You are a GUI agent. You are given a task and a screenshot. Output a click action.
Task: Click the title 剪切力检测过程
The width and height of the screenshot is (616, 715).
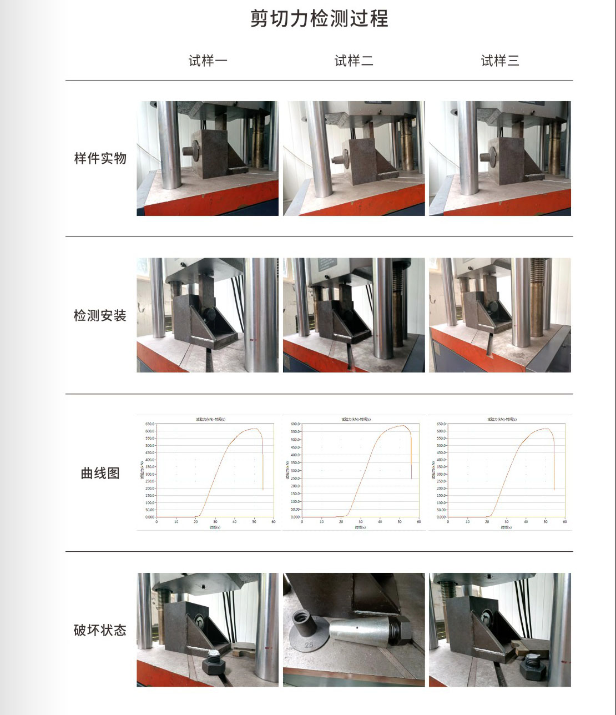pos(319,19)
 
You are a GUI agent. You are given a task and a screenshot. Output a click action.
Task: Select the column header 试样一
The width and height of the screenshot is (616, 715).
pos(208,61)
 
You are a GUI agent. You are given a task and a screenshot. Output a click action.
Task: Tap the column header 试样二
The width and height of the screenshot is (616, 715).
pos(354,61)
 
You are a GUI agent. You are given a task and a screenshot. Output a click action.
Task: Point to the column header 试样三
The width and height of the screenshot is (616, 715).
pos(500,61)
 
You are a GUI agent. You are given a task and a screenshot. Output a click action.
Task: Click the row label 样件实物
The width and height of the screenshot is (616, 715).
pos(100,159)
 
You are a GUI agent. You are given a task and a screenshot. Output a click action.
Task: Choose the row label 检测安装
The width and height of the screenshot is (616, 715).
pos(100,316)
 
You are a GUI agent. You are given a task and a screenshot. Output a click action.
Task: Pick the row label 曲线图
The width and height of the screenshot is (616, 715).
pos(100,474)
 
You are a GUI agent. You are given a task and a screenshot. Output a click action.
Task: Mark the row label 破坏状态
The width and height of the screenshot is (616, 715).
pos(100,631)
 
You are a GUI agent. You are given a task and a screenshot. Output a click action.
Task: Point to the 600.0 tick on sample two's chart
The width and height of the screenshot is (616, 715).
pos(295,424)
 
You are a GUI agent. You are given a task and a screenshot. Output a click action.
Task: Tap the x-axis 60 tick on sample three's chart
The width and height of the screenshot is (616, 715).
pos(565,522)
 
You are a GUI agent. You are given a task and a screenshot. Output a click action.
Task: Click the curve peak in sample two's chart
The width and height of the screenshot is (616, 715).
pos(403,426)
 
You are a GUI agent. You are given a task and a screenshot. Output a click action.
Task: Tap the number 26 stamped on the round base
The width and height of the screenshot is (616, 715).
pos(309,645)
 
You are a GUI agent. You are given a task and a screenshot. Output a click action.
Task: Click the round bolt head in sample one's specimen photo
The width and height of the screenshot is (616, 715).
pos(190,150)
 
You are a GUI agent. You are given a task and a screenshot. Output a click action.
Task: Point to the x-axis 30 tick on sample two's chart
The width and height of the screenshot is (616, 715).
pos(361,522)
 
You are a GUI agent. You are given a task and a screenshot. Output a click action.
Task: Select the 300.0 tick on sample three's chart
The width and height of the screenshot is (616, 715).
pos(441,474)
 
